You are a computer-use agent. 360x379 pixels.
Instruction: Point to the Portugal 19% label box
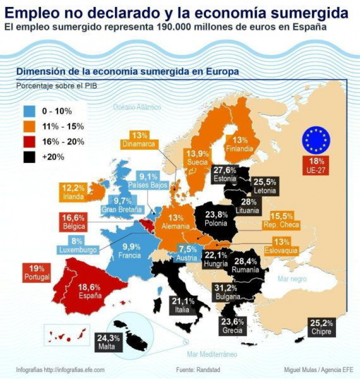pyautogui.click(x=37, y=272)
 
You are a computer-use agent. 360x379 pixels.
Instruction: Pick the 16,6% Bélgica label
pyautogui.click(x=73, y=221)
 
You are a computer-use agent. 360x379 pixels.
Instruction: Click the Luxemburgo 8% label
pyautogui.click(x=76, y=245)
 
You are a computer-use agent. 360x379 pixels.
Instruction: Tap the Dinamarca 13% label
pyautogui.click(x=139, y=139)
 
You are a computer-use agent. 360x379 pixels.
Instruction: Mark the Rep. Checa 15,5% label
pyautogui.click(x=284, y=219)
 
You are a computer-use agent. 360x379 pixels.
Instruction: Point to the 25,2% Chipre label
pyautogui.click(x=320, y=327)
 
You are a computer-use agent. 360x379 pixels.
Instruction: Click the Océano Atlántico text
pyautogui.click(x=137, y=107)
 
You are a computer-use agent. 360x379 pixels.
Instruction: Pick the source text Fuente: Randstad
pyautogui.click(x=198, y=370)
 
